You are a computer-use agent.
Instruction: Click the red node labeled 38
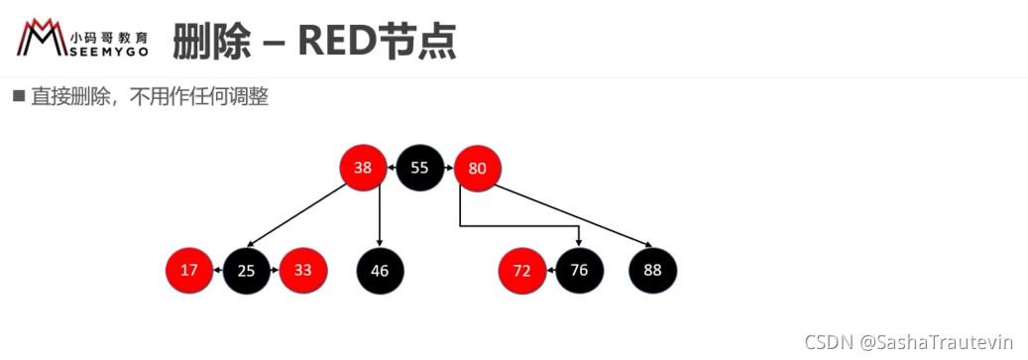[x=363, y=168]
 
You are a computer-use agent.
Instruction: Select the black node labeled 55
[x=419, y=168]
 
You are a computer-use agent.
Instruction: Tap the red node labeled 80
[x=477, y=169]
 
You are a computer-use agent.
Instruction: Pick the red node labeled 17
[x=188, y=270]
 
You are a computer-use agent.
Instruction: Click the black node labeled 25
[x=247, y=270]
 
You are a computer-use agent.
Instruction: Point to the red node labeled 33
[x=303, y=270]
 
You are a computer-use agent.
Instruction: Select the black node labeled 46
[x=381, y=271]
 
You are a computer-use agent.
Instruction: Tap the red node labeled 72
[x=521, y=271]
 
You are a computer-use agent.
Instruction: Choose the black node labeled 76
[x=580, y=270]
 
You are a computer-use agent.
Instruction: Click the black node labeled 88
[x=653, y=270]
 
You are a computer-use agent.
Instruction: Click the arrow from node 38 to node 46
[x=381, y=216]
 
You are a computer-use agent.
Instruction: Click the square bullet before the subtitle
[x=19, y=97]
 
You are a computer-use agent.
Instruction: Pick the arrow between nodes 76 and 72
[x=551, y=270]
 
